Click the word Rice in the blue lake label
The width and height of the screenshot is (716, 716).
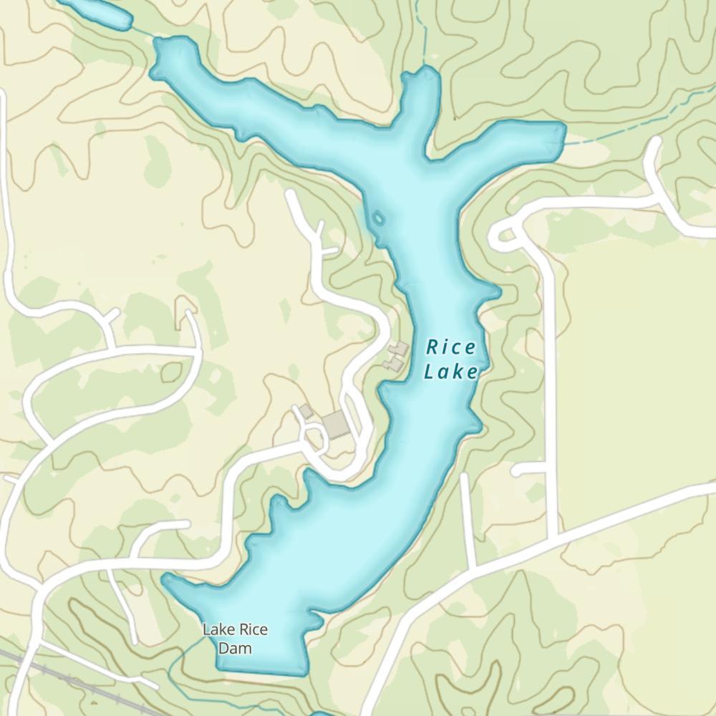(x=451, y=348)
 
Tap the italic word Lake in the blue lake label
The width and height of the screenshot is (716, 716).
(x=450, y=372)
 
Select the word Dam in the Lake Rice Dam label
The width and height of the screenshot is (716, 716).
(x=235, y=649)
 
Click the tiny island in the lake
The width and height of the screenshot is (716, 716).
(x=378, y=217)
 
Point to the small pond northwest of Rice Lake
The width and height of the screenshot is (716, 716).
(x=97, y=12)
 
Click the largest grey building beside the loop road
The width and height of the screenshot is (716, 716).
(x=336, y=425)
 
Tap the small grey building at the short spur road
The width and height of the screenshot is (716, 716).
(x=306, y=411)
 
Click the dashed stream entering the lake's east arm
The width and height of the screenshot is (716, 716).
(x=630, y=122)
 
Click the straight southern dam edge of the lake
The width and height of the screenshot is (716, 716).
(x=261, y=672)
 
